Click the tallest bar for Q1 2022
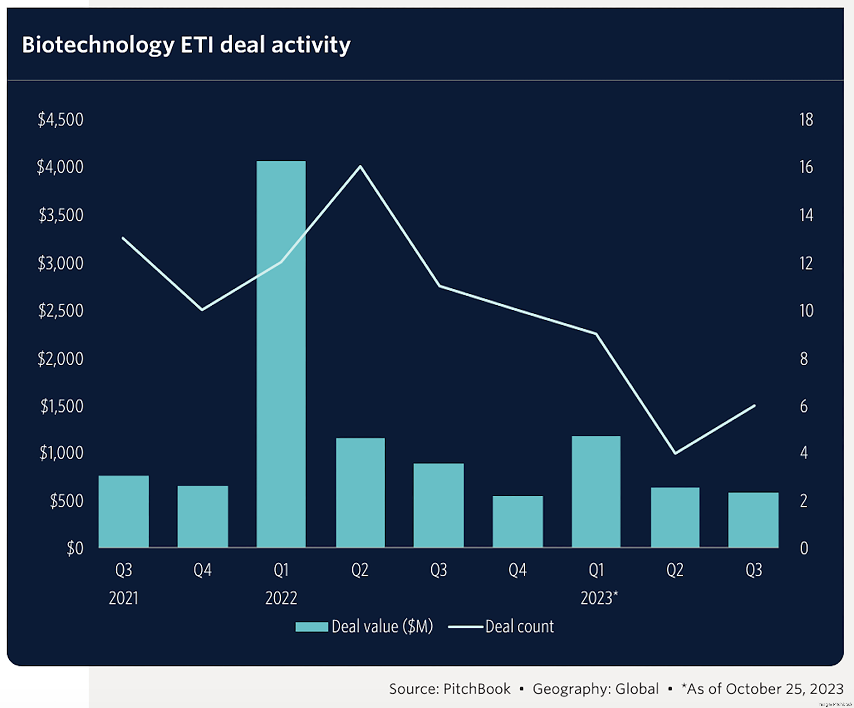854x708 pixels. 281,354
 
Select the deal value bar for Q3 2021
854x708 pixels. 124,511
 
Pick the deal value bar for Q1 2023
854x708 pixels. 596,492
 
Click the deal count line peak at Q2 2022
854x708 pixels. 360,166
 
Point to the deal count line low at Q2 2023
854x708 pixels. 675,453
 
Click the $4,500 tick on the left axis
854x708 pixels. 60,120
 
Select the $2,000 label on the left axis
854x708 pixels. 60,359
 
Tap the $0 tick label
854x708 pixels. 75,548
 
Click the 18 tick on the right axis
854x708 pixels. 806,120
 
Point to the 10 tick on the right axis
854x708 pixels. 806,311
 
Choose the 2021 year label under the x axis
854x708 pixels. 124,598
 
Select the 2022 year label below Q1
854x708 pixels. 281,598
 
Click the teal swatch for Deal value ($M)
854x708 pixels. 312,627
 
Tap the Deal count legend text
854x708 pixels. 519,627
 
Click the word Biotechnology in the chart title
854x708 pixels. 98,45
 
